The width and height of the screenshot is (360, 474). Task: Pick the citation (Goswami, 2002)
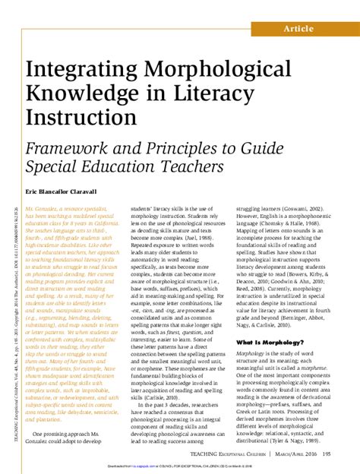pyautogui.click(x=312, y=207)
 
